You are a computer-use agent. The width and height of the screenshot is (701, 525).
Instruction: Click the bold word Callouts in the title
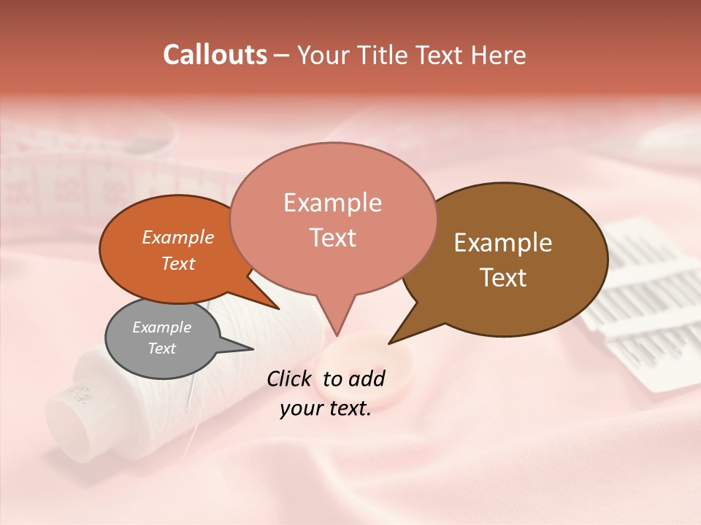point(215,55)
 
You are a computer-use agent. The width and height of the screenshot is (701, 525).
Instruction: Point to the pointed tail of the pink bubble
point(337,332)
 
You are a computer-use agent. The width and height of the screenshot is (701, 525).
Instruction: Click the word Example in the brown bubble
point(503,243)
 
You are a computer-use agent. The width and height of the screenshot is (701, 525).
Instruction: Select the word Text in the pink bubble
point(333,238)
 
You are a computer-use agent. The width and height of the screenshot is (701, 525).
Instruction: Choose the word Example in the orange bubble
point(177,238)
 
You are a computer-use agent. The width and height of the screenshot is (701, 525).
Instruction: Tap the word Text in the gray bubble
point(161,349)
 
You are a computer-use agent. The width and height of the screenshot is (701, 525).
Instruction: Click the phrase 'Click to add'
point(326,378)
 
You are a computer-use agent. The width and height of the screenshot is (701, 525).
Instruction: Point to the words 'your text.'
point(326,408)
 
